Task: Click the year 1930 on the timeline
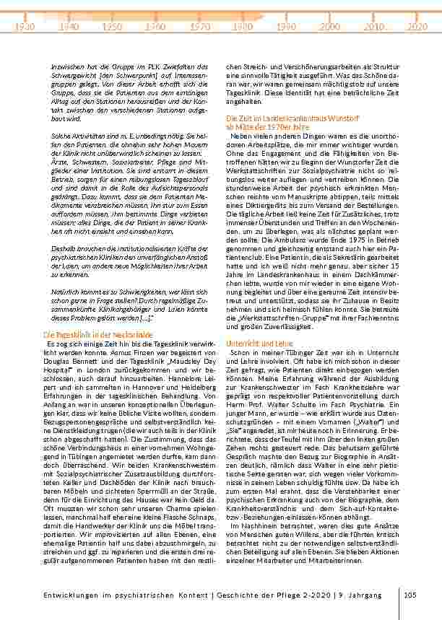click(x=25, y=25)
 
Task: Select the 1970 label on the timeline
click(x=200, y=25)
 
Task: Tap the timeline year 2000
click(x=330, y=25)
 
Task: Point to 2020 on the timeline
click(x=417, y=25)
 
